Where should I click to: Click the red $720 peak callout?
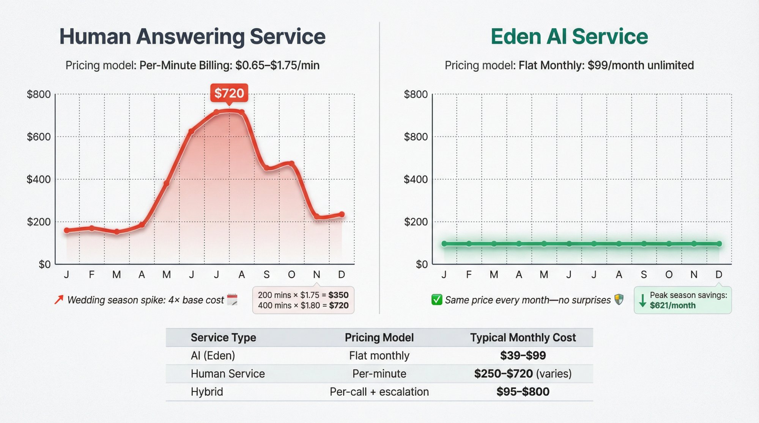coord(229,93)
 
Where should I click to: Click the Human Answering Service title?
coord(192,36)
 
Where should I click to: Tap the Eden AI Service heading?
coord(569,36)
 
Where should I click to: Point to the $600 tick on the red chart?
coord(39,137)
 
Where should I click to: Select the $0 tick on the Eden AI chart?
coord(422,264)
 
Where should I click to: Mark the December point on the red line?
coord(342,215)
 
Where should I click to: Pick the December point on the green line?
coord(719,244)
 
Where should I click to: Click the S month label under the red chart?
coord(267,274)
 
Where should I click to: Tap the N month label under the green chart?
coord(694,274)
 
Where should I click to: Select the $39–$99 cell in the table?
coord(523,356)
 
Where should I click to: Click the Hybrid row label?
coord(207,392)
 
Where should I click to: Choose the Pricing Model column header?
coord(379,337)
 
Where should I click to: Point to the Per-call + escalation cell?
coord(379,392)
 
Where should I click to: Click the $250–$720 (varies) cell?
coord(523,374)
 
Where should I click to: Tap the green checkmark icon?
coord(437,300)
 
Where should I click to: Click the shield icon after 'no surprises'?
coord(619,299)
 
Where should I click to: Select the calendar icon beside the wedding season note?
coord(232,299)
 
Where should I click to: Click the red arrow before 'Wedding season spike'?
coord(59,300)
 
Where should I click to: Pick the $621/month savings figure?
coord(672,305)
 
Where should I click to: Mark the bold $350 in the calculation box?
coord(338,295)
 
